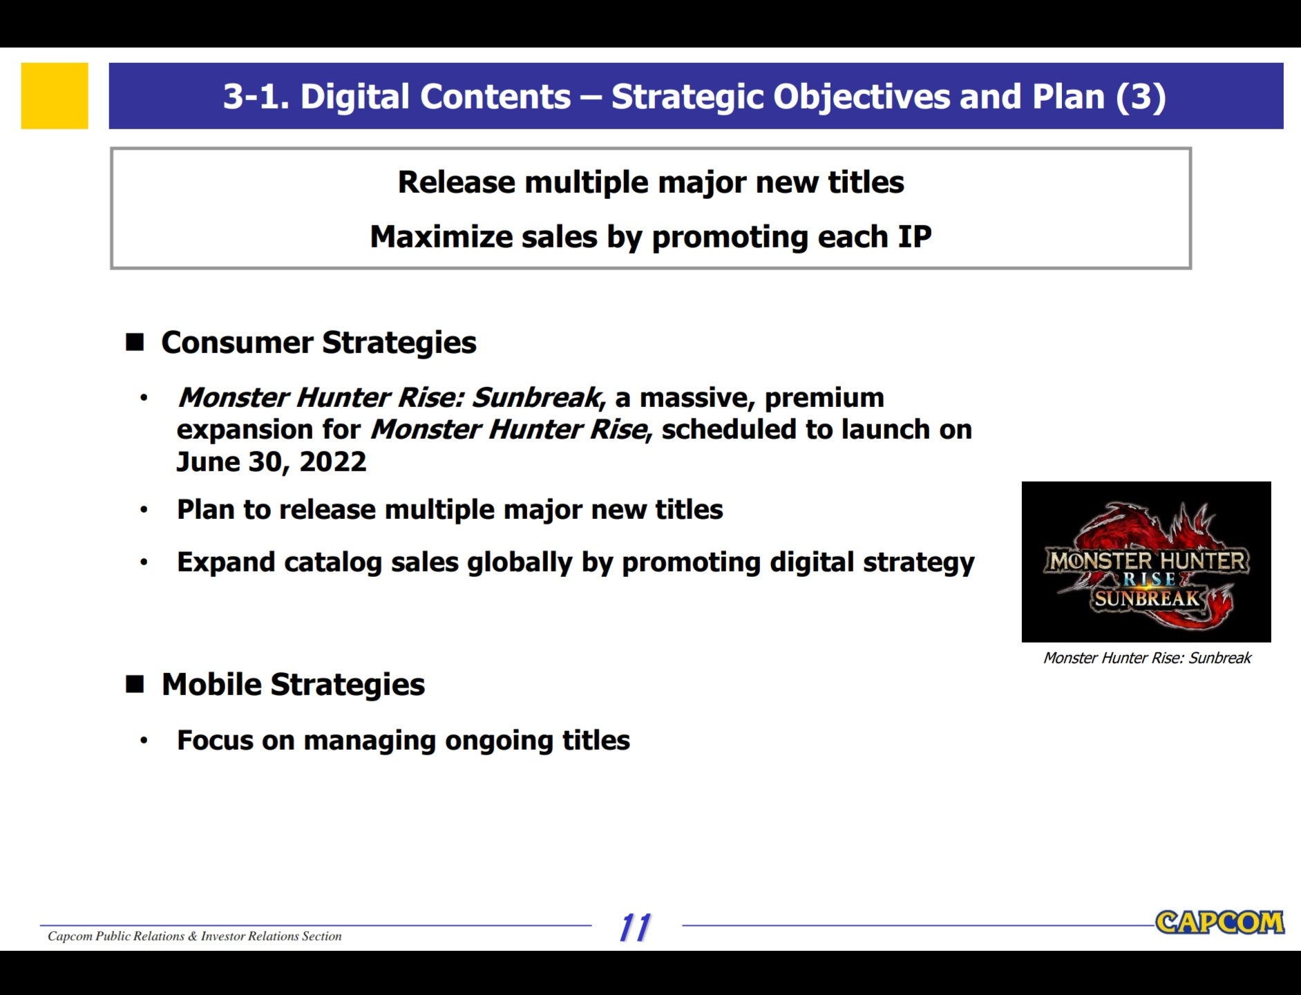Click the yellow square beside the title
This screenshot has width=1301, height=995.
pos(55,96)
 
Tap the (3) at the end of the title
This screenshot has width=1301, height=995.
pos(1141,97)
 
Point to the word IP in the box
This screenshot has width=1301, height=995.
pos(915,237)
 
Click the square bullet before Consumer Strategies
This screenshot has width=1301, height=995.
pos(135,342)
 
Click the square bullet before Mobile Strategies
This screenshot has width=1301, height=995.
pos(135,684)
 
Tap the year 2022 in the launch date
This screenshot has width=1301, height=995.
pos(333,462)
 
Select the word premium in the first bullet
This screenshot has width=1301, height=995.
pos(824,399)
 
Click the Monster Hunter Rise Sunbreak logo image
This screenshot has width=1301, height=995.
pos(1146,562)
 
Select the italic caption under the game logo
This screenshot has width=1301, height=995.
pos(1147,658)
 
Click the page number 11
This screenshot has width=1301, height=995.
pos(635,927)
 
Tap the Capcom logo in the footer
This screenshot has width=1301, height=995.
pos(1219,922)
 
